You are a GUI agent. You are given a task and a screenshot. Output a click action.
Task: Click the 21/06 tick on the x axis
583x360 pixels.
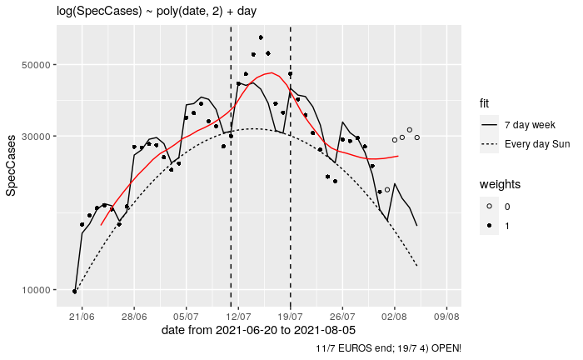[x=82, y=317]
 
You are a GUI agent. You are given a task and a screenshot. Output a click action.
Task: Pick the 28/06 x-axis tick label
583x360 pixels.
[x=134, y=317]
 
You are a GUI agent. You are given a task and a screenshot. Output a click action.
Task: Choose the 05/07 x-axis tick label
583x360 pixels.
[x=187, y=317]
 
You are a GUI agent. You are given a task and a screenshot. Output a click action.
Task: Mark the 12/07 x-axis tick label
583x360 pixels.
[x=239, y=317]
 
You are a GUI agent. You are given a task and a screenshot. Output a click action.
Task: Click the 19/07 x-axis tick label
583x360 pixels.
[x=291, y=317]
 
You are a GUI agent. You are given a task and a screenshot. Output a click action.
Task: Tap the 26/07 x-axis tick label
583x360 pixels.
[x=343, y=317]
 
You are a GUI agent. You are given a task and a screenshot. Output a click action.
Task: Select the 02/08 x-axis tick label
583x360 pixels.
[x=395, y=317]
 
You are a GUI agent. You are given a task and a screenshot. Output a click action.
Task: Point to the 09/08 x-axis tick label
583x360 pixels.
[x=447, y=317]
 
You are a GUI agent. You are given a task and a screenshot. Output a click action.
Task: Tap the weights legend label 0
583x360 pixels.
[x=508, y=206]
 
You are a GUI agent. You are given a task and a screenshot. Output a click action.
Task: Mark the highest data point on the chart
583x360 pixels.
[x=261, y=37]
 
